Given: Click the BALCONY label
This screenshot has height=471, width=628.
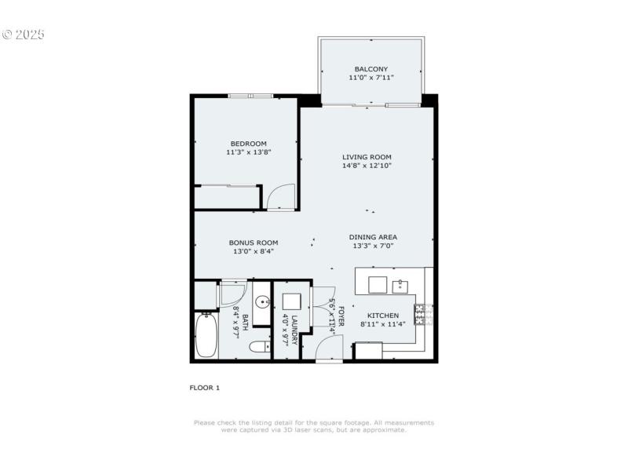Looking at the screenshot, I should click(x=371, y=69).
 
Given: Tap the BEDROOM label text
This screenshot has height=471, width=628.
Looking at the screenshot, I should click(x=248, y=143).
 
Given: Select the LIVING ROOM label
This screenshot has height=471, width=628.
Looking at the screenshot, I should click(x=367, y=157).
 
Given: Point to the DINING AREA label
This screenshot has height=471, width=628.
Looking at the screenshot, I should click(x=373, y=237).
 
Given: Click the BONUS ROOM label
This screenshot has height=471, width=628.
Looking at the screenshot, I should click(x=254, y=243).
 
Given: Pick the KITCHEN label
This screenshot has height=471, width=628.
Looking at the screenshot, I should click(x=384, y=316).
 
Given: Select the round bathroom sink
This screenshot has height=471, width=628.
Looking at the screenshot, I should click(x=261, y=302).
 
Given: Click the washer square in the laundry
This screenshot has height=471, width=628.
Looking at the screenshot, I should click(x=292, y=301).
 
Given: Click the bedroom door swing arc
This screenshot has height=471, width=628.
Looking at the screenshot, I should click(x=280, y=196).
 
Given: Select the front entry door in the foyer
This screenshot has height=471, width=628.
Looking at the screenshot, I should click(x=329, y=350).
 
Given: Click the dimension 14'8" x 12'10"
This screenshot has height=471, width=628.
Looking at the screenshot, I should click(x=367, y=166).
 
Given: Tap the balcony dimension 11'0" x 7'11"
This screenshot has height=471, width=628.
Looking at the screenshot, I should click(x=371, y=78).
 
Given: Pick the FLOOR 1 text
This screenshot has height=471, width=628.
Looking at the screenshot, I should click(x=205, y=388).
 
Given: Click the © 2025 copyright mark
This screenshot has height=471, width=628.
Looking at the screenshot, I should click(x=24, y=35).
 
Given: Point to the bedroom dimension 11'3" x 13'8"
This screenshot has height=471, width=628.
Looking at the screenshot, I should click(x=248, y=152).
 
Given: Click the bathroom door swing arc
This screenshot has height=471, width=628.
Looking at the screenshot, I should click(x=232, y=293).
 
